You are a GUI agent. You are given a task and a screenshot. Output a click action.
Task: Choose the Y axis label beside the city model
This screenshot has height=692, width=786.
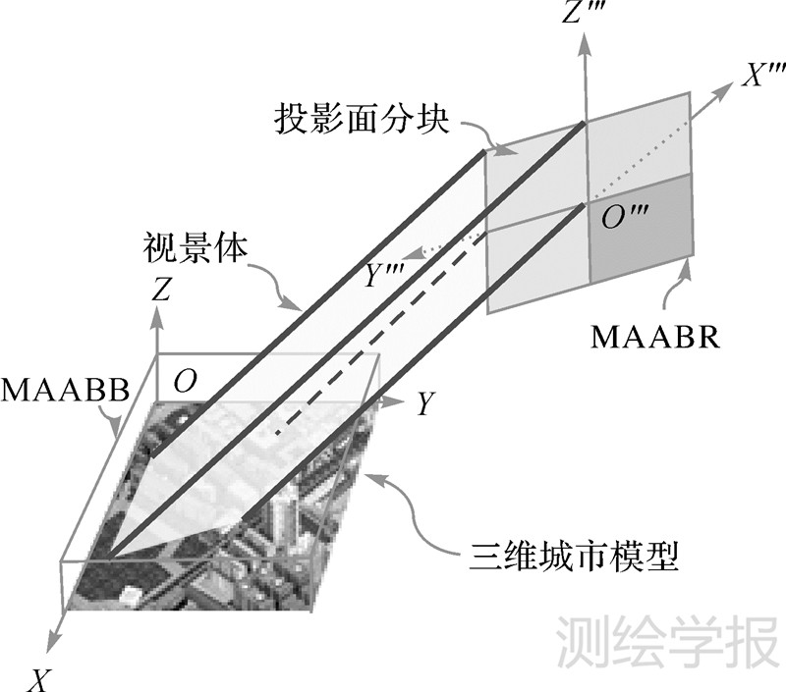[423, 403]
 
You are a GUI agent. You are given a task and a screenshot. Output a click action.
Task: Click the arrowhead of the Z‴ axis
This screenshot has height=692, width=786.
[587, 44]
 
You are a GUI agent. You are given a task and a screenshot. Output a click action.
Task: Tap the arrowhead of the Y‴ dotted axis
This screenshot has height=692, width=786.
[421, 254]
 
